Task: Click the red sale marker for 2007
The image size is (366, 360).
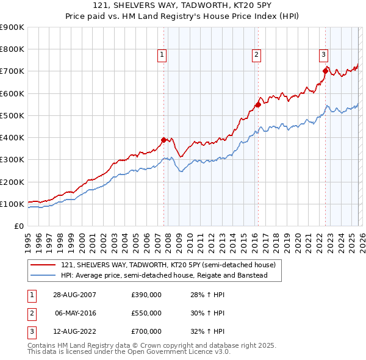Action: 163,140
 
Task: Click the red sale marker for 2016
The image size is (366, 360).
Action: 257,104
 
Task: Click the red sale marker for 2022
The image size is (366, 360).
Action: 325,71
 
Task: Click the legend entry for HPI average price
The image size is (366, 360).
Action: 164,276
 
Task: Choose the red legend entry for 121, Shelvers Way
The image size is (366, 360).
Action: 168,265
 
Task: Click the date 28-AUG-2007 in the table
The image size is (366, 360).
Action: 75,295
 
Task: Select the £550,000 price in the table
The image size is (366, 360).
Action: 146,313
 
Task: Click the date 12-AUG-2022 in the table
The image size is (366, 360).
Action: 75,331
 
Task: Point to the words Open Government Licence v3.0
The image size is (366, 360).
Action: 182,352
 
